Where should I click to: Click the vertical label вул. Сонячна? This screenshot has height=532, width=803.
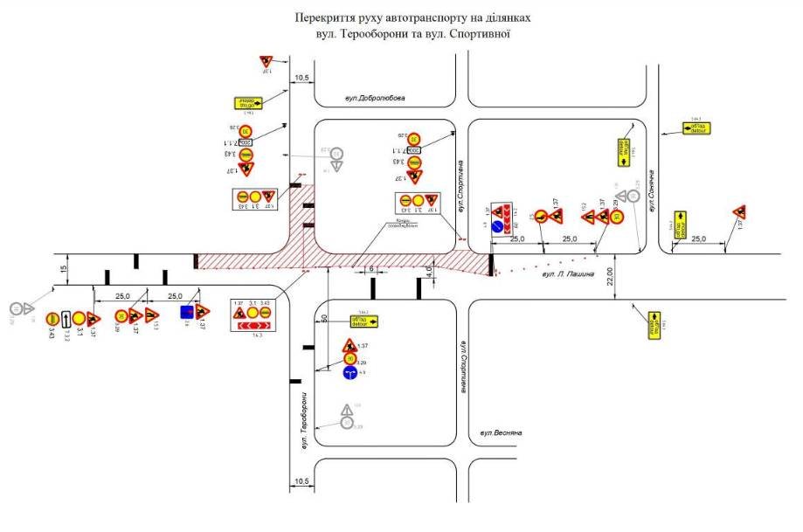click(x=651, y=182)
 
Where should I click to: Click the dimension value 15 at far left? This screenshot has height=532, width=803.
click(x=63, y=272)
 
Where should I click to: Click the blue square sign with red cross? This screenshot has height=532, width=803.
click(x=186, y=312)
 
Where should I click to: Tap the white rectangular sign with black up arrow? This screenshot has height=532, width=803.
click(x=66, y=319)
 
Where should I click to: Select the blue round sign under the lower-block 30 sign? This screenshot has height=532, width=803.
click(x=350, y=373)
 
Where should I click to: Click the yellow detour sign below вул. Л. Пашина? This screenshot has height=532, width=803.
click(x=652, y=323)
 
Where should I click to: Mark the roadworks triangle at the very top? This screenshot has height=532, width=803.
click(x=267, y=61)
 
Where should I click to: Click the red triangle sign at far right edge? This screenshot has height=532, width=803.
click(x=739, y=212)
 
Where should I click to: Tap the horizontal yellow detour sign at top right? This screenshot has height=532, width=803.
click(x=697, y=128)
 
